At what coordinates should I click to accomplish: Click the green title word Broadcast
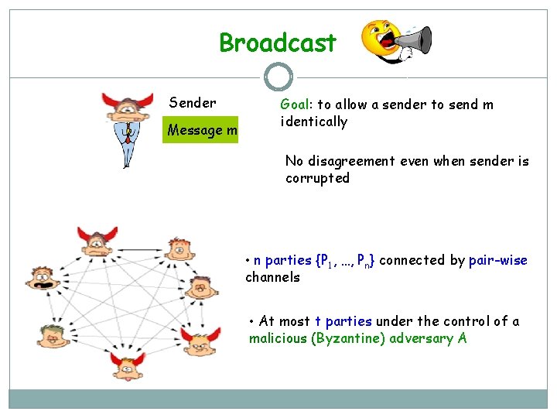click(278, 43)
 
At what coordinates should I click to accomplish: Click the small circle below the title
click(278, 77)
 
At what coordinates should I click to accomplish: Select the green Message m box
click(202, 130)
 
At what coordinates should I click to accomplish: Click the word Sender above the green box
click(193, 103)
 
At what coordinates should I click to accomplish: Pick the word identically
click(314, 122)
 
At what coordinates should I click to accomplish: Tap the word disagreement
click(351, 161)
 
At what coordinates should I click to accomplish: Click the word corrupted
click(317, 178)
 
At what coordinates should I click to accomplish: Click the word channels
click(272, 277)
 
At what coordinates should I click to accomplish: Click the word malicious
click(277, 338)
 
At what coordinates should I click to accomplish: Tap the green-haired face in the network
click(52, 335)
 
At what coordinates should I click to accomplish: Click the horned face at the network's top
click(98, 239)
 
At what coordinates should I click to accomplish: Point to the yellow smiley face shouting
click(381, 39)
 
